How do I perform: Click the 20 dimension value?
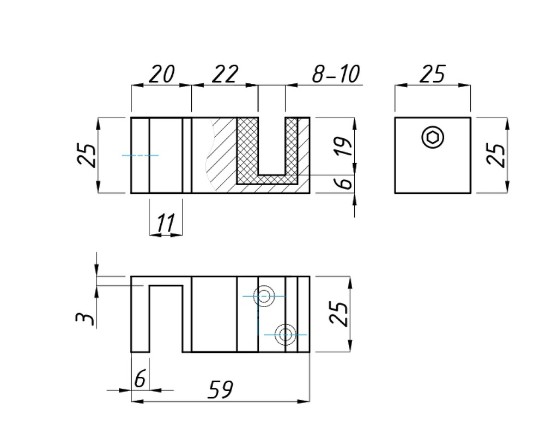click(162, 74)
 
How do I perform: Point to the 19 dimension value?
click(343, 146)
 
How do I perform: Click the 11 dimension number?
click(165, 223)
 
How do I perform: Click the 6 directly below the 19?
click(345, 183)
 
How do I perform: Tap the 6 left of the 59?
click(140, 379)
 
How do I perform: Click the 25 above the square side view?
click(432, 74)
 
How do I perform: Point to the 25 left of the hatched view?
click(87, 155)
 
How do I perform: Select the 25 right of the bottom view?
click(340, 314)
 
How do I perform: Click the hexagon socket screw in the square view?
click(433, 138)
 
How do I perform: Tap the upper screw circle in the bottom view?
click(265, 297)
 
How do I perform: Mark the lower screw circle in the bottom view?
click(285, 334)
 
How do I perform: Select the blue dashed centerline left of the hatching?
click(140, 156)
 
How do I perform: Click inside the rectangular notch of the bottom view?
click(166, 319)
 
